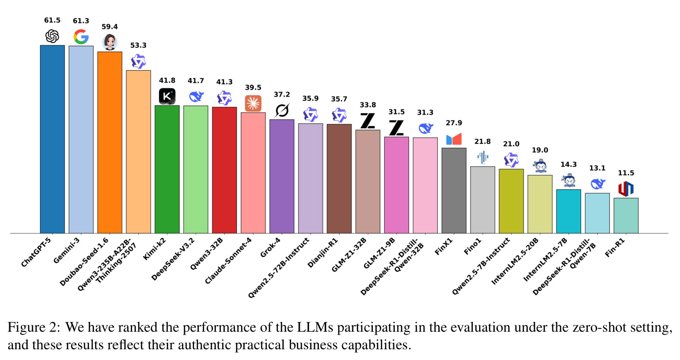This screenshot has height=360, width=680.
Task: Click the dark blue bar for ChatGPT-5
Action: click(52, 139)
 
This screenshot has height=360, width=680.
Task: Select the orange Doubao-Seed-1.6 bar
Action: click(110, 142)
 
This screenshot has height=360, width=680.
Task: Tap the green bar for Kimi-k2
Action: click(167, 169)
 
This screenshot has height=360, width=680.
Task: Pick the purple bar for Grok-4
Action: click(282, 176)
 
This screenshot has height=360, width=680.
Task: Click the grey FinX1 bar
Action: click(454, 190)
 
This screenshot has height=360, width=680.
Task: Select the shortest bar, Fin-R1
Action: click(626, 216)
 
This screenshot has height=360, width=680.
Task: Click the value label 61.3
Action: click(81, 20)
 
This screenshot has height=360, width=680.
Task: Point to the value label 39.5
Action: click(253, 87)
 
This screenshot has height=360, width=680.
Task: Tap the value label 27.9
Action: click(454, 123)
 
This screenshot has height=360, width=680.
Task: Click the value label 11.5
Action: click(626, 173)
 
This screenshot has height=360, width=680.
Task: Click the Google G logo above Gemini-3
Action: click(81, 37)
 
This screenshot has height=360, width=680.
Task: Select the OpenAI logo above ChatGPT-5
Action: click(52, 36)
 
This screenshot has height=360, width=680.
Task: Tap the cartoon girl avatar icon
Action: click(110, 42)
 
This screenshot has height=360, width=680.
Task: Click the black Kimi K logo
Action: click(167, 96)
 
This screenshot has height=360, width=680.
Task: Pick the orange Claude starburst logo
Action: click(253, 103)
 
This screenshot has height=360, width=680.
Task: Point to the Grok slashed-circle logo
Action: click(282, 111)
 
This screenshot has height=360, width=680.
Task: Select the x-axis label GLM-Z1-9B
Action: click(379, 253)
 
